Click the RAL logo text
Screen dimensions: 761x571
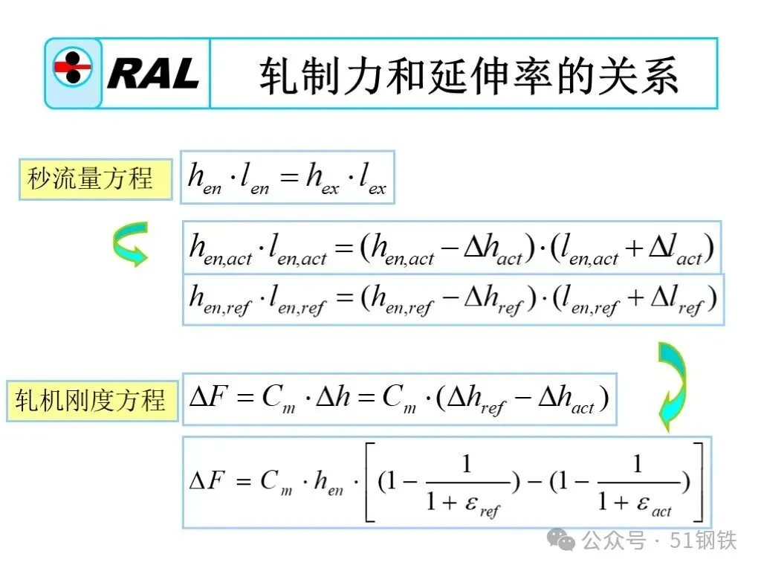click(154, 74)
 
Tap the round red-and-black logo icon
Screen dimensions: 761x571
click(72, 71)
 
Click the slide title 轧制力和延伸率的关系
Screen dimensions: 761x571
click(467, 76)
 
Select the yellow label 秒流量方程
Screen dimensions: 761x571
click(90, 179)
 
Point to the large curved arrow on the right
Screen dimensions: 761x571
click(672, 386)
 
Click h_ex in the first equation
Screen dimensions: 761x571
click(322, 178)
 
